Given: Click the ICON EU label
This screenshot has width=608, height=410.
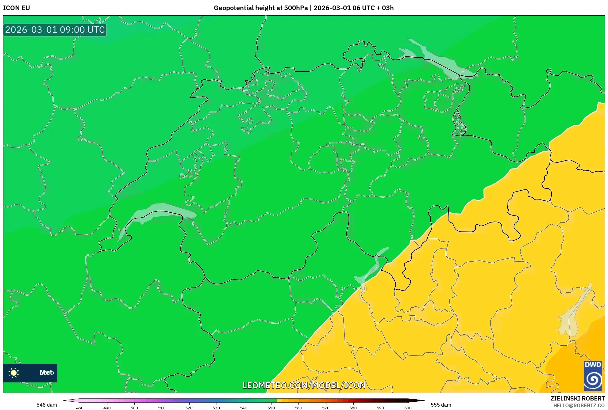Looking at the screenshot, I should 17,8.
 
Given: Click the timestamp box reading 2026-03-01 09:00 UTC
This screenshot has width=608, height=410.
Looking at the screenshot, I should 55,30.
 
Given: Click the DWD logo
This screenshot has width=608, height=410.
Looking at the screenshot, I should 593,376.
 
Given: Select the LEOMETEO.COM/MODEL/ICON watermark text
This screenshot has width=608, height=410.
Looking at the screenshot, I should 304,385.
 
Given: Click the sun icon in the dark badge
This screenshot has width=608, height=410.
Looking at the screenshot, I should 14,373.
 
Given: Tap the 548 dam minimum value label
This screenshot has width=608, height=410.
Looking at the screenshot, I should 47,405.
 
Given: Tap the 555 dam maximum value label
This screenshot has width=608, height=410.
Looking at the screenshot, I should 441,405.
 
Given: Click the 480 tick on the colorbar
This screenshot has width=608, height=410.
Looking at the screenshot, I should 80,408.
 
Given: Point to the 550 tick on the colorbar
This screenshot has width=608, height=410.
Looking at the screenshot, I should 271,408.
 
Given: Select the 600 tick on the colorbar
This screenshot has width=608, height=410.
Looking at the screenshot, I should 408,408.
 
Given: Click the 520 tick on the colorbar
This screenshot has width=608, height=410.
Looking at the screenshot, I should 189,408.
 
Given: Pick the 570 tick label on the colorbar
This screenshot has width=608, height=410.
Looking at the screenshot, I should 326,408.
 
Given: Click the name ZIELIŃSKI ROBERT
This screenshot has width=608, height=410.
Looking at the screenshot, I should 577,398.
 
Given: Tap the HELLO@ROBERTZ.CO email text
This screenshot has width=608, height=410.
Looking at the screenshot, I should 579,405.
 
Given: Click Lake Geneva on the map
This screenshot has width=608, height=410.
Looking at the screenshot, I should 160,211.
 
